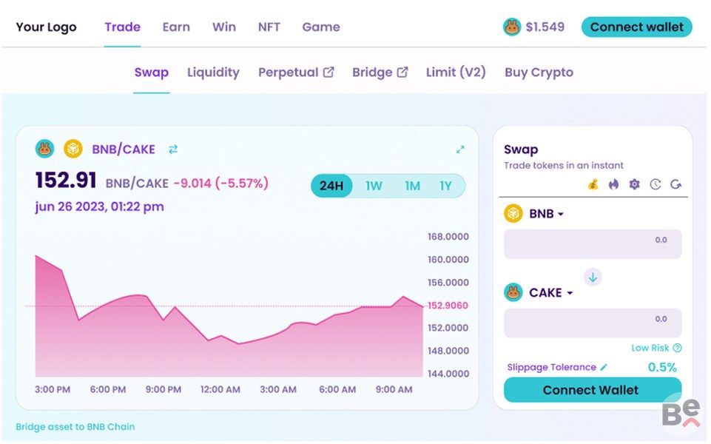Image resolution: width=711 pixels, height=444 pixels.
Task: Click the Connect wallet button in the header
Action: [x=636, y=27]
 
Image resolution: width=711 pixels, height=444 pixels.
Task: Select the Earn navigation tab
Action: [x=176, y=27]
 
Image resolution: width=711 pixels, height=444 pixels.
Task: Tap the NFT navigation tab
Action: [x=269, y=27]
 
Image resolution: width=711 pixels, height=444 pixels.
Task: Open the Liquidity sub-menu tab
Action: [x=213, y=73]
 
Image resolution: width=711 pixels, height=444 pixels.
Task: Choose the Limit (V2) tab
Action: [x=456, y=73]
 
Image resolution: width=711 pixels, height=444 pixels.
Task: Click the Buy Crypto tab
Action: [x=539, y=73]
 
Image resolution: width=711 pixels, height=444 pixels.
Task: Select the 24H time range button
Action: [x=331, y=186]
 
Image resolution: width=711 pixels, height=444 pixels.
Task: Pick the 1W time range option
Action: [x=374, y=186]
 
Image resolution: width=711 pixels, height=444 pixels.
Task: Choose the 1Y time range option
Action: [x=445, y=186]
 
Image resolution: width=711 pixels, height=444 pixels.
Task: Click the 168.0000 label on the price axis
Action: [x=448, y=237]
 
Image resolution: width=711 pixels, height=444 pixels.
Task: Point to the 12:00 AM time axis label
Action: [x=220, y=389]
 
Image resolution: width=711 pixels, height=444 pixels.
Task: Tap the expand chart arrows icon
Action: [x=460, y=149]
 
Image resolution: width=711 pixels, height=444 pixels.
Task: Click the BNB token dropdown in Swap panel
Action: [x=546, y=214]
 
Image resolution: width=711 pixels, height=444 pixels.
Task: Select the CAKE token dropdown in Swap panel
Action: [x=550, y=293]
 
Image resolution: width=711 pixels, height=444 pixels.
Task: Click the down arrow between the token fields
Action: [x=593, y=277]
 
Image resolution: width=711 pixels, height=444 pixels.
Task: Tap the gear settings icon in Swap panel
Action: [x=634, y=184]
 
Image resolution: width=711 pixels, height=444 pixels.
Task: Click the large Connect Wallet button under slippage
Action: [x=592, y=390]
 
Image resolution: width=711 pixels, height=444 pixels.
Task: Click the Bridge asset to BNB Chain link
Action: [x=75, y=427]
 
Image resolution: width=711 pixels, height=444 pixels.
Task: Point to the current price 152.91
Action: [x=66, y=181]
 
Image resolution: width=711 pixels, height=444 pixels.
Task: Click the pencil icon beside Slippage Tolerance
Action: [x=604, y=367]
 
